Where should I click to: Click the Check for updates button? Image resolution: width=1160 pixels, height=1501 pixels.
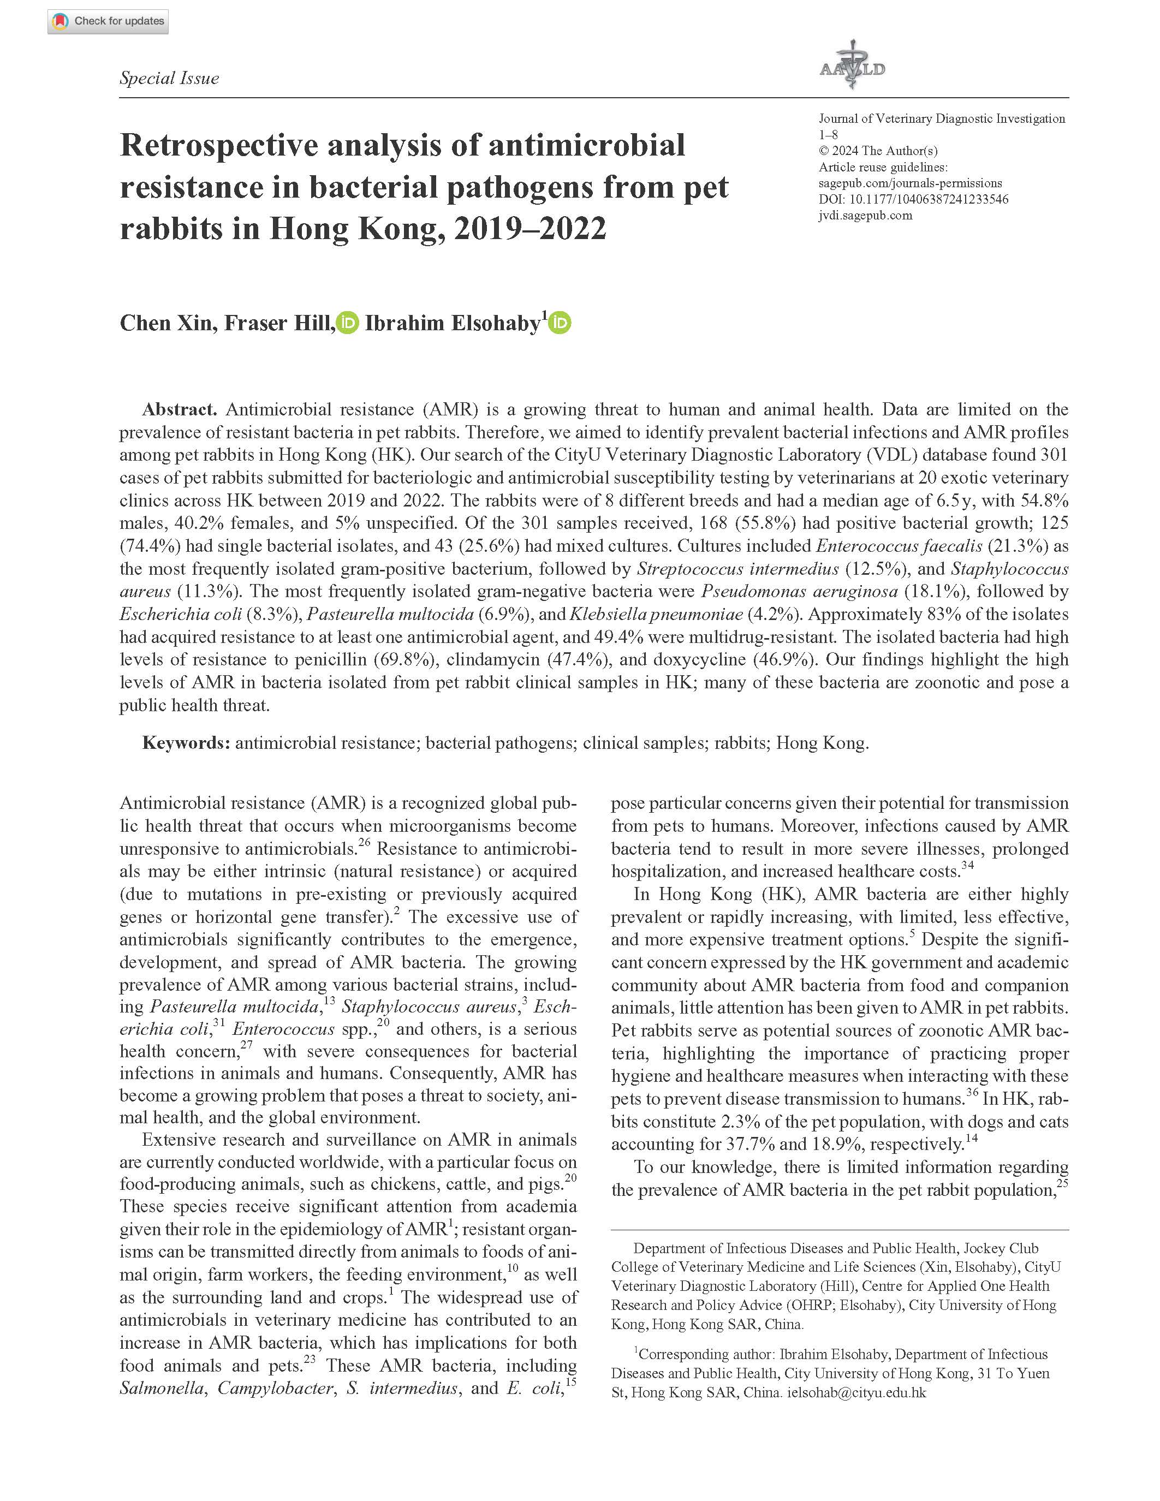pos(108,21)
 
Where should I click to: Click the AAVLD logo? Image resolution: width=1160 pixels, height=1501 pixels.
pos(852,67)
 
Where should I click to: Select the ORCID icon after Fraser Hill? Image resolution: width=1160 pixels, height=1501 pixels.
pos(348,323)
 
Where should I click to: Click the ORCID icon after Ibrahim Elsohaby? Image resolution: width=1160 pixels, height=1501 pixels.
pos(560,323)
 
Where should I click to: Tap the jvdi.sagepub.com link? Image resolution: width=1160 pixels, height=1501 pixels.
pos(865,215)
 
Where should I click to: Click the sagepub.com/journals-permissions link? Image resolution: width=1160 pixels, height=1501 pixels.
pos(910,183)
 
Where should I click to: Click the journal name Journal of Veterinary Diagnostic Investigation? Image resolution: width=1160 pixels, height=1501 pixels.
pos(942,118)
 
